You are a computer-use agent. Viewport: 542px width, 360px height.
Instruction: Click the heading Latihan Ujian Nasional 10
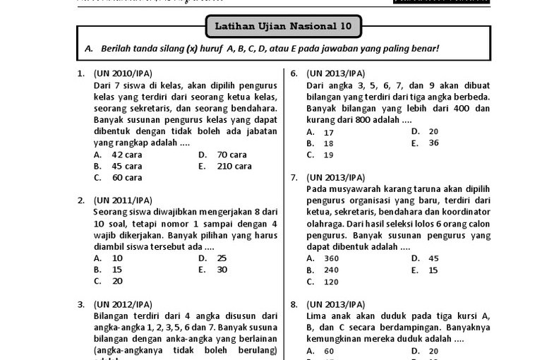pos(284,28)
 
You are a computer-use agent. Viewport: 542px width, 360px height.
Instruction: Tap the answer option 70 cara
pos(231,155)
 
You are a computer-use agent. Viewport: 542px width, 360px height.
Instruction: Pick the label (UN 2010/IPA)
pos(122,73)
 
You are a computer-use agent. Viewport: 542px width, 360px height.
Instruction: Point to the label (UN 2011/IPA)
pos(122,200)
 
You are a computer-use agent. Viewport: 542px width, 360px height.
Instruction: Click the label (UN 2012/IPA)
pos(122,304)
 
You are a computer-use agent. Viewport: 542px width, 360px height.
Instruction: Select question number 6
pos(293,73)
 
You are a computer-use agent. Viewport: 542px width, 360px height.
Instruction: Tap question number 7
pos(293,177)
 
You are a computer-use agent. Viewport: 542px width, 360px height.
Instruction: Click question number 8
pos(293,304)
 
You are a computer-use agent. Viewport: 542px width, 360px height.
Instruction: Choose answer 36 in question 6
pos(433,143)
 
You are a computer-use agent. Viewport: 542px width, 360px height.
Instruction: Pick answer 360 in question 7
pos(331,258)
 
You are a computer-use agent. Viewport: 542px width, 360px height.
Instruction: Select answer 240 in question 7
pos(331,270)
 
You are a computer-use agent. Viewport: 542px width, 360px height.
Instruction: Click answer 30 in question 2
pos(222,270)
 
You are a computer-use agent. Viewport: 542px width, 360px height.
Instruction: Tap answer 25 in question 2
pos(222,258)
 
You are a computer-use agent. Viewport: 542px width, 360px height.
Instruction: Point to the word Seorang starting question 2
pos(110,212)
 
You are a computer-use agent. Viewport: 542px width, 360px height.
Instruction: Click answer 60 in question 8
pos(329,351)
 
